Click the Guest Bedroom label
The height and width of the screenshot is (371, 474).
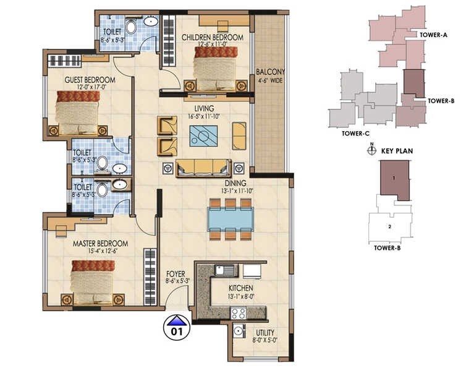click(x=90, y=80)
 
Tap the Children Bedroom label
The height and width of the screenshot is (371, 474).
click(x=212, y=38)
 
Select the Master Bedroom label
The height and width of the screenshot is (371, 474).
click(x=100, y=243)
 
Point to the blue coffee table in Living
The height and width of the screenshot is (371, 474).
click(x=203, y=135)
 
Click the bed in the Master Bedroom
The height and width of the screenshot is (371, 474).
click(x=93, y=281)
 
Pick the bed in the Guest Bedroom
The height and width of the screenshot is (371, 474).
click(x=77, y=111)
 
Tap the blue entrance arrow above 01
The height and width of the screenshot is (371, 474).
click(x=177, y=320)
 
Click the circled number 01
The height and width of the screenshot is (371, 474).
click(x=177, y=331)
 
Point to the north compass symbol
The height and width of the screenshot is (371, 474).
click(x=371, y=150)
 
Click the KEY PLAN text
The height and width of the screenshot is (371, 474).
click(x=397, y=150)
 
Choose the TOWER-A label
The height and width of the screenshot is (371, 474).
click(x=433, y=35)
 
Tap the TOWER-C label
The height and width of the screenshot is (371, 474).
click(x=355, y=133)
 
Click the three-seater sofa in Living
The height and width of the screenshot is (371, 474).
click(x=203, y=167)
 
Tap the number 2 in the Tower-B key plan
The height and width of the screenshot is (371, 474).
click(x=389, y=226)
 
